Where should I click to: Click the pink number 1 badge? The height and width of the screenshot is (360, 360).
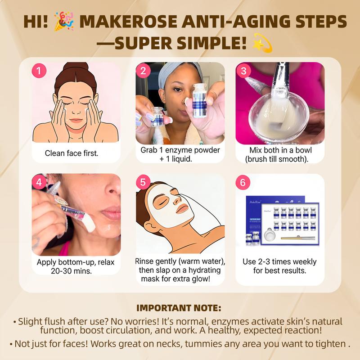pyautogui.click(x=39, y=71)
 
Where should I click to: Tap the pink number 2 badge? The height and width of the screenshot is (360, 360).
pyautogui.click(x=143, y=71)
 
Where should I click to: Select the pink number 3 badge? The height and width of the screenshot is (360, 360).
pyautogui.click(x=243, y=71)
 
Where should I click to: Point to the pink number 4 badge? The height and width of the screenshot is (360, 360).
pyautogui.click(x=39, y=182)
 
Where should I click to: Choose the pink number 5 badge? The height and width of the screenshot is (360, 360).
pyautogui.click(x=143, y=182)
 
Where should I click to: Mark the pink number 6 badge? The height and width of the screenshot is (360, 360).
pyautogui.click(x=243, y=183)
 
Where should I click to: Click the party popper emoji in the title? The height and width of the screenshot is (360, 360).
pyautogui.click(x=64, y=21)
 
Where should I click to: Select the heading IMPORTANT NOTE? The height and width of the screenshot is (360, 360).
pyautogui.click(x=179, y=308)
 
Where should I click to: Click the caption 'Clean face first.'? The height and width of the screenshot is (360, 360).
pyautogui.click(x=72, y=153)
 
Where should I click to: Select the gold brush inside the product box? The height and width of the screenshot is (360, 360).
pyautogui.click(x=298, y=238)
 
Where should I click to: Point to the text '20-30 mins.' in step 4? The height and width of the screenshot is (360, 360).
pyautogui.click(x=72, y=271)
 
